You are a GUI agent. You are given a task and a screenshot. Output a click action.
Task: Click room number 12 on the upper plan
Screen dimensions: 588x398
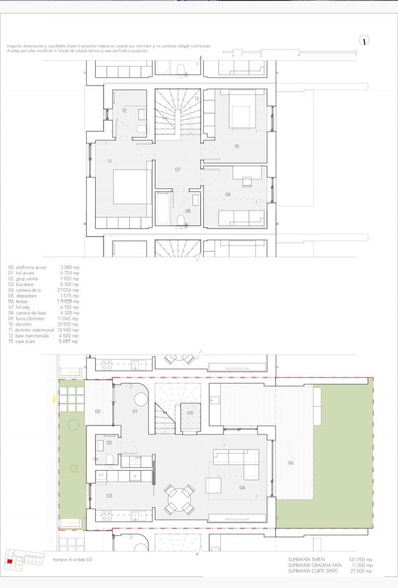pyautogui.click(x=125, y=111)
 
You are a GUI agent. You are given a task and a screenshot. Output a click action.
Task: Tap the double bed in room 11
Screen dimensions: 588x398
pyautogui.click(x=132, y=187)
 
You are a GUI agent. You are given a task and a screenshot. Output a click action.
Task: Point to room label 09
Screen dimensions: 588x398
pyautogui.click(x=228, y=194)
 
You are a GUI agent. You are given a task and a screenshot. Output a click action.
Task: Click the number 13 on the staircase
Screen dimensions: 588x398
pyautogui.click(x=196, y=98)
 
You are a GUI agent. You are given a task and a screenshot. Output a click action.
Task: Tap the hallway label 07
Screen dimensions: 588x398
pyautogui.click(x=178, y=170)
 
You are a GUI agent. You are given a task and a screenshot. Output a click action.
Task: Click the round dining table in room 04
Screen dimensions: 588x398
pyautogui.click(x=178, y=499)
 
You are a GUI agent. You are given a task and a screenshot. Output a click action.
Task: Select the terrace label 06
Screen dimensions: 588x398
pyautogui.click(x=291, y=463)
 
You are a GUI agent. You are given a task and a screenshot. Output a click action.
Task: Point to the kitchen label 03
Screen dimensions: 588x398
pyautogui.click(x=109, y=496)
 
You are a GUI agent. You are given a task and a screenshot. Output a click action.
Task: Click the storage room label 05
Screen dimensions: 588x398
pyautogui.click(x=190, y=413)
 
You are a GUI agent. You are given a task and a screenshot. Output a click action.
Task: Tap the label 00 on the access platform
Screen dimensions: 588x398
pyautogui.click(x=98, y=412)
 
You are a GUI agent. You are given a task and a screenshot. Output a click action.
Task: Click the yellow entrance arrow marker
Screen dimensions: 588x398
pyautogui.click(x=54, y=400)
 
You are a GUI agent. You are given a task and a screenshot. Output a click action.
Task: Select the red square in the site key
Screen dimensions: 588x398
pyautogui.click(x=9, y=562)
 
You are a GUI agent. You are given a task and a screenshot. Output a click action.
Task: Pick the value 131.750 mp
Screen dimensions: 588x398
pyautogui.click(x=360, y=560)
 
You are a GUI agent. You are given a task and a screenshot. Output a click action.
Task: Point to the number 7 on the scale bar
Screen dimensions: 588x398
pyautogui.click(x=356, y=56)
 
